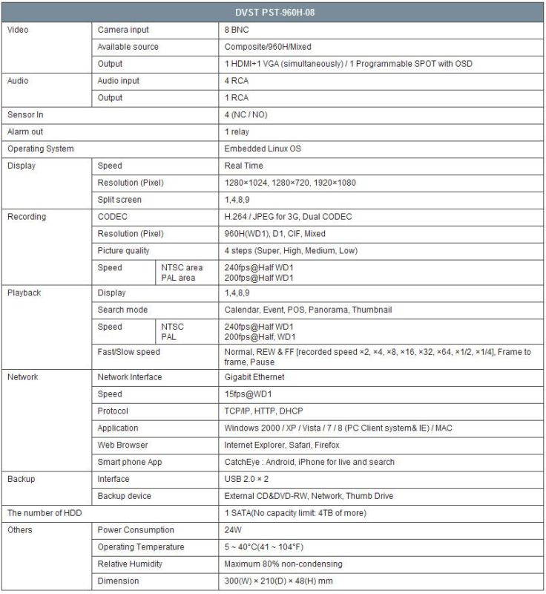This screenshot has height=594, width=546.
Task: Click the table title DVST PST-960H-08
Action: [x=272, y=12]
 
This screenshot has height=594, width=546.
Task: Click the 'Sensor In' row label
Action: [x=27, y=114]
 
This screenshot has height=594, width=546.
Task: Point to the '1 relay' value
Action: [x=238, y=131]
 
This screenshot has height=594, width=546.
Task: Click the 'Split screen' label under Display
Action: [x=119, y=200]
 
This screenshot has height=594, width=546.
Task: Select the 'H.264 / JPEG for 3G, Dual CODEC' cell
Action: [x=288, y=217]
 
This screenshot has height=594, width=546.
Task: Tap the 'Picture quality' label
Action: [x=123, y=251]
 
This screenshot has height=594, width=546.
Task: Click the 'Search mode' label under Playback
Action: [x=122, y=310]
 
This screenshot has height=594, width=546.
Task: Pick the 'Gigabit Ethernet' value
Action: [x=256, y=377]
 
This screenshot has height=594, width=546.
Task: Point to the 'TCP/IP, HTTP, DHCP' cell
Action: [x=263, y=411]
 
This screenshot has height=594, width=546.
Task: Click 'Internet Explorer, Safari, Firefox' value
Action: [x=282, y=445]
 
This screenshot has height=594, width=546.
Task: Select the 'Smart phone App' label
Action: [x=129, y=462]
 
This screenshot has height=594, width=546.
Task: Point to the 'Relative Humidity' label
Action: [x=130, y=564]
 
